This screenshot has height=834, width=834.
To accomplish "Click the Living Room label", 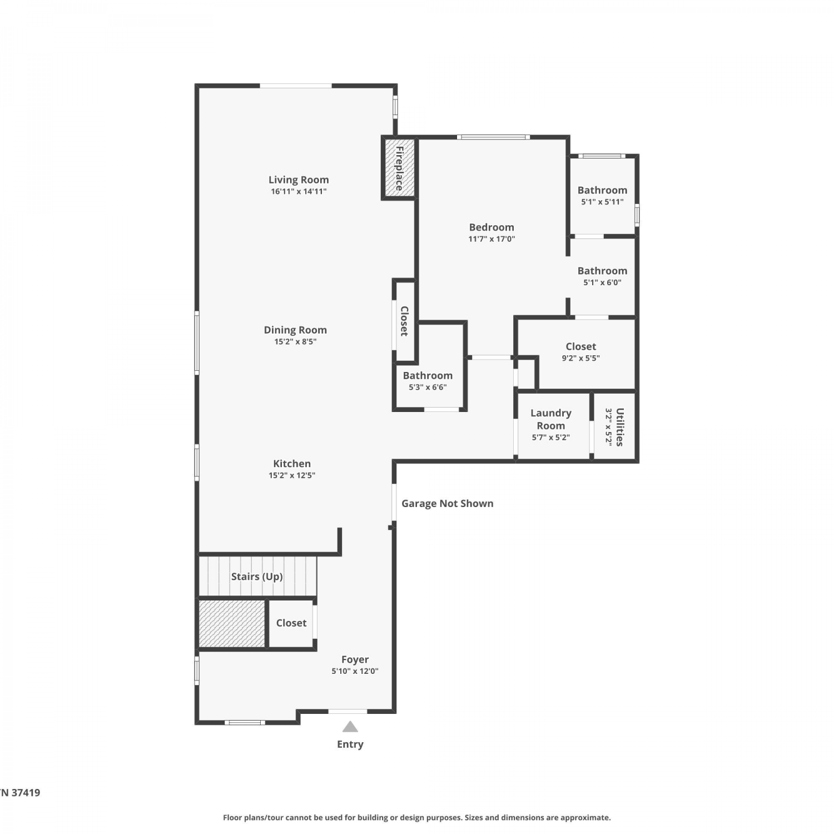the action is [x=299, y=180].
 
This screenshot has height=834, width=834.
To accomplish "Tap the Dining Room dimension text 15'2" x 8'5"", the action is [x=295, y=341].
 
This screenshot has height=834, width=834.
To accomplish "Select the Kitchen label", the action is [x=292, y=463].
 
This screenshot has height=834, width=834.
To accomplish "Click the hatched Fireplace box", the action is [x=399, y=167].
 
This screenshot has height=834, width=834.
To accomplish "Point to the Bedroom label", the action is [x=492, y=227].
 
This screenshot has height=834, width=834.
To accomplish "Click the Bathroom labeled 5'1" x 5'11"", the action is [x=602, y=196].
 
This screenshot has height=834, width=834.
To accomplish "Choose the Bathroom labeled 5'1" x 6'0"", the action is [x=602, y=276].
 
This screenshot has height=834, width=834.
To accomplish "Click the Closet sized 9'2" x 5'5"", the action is [x=580, y=353].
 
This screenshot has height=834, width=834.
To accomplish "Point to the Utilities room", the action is [x=614, y=426].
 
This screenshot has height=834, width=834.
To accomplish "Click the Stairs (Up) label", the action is [x=257, y=577].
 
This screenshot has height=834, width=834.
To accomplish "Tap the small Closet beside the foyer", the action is [x=290, y=623].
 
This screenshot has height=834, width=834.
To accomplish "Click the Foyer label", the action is [x=355, y=659].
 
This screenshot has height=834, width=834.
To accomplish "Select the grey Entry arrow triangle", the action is [x=350, y=727].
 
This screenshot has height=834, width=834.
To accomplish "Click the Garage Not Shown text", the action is [x=448, y=503].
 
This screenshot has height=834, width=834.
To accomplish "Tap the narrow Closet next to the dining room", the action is [x=404, y=321].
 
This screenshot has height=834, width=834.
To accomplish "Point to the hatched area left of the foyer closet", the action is [x=232, y=623].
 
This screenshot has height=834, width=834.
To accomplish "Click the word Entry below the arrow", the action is [x=350, y=744].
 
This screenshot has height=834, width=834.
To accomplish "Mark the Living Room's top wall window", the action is [x=296, y=86].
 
